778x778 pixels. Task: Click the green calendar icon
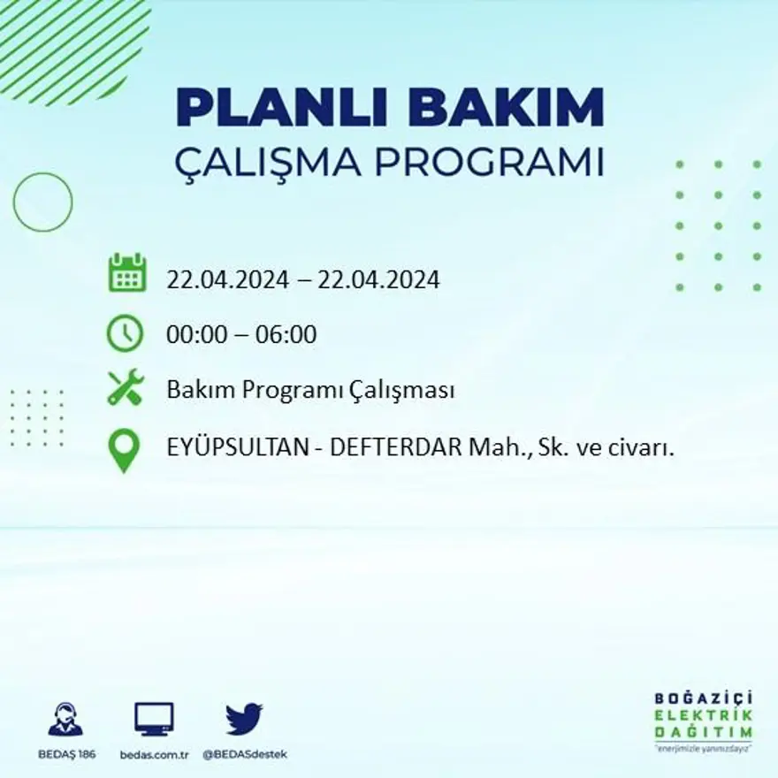[127, 273]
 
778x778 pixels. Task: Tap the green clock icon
[125, 333]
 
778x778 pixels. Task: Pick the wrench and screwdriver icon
[126, 387]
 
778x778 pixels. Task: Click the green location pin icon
[124, 449]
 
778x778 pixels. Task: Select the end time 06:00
[286, 335]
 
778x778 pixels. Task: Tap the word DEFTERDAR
[396, 448]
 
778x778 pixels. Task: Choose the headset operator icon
[65, 721]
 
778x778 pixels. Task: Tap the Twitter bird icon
[244, 719]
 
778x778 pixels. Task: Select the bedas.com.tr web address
[155, 754]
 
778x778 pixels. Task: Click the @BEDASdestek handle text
[245, 754]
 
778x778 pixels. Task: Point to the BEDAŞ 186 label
[67, 754]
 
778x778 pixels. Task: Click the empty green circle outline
[42, 202]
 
